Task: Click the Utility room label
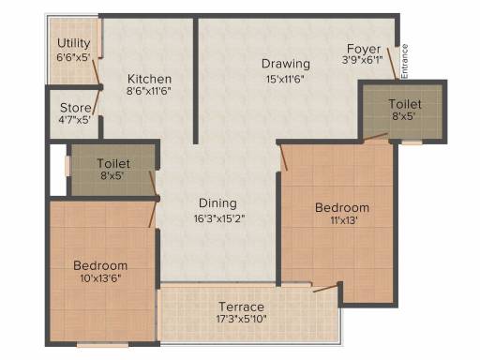pyautogui.click(x=73, y=43)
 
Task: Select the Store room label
pyautogui.click(x=75, y=107)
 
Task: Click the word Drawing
pyautogui.click(x=278, y=64)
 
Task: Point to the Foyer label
pyautogui.click(x=362, y=48)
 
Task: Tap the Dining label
pyautogui.click(x=217, y=202)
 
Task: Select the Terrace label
pyautogui.click(x=241, y=307)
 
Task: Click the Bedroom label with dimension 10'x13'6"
pyautogui.click(x=100, y=265)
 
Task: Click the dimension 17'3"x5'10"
pyautogui.click(x=241, y=321)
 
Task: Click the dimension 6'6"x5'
pyautogui.click(x=74, y=57)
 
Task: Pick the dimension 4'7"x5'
pyautogui.click(x=75, y=120)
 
